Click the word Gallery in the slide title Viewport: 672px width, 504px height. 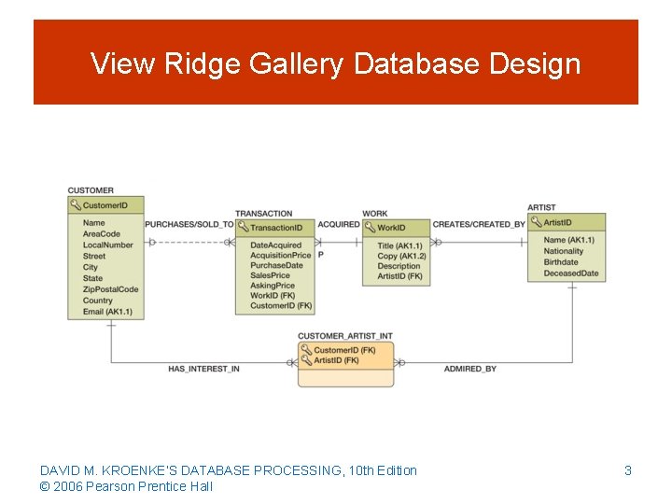[298, 64]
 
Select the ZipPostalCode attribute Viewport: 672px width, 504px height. [110, 289]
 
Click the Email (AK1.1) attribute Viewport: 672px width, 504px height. [107, 312]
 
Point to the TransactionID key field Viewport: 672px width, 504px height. [276, 228]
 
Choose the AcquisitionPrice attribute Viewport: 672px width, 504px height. [281, 256]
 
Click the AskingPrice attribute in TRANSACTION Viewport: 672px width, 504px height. [273, 286]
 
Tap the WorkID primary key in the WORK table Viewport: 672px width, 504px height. [391, 228]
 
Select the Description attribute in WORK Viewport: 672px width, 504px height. [399, 266]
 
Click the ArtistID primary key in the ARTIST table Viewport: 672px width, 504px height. [557, 222]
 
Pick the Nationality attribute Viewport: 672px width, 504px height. [563, 251]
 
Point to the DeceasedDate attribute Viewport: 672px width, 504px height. [571, 273]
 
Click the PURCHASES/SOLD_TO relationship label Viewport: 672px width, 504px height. [189, 225]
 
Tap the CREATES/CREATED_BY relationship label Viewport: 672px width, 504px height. [479, 225]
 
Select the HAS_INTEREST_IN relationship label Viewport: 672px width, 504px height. [203, 369]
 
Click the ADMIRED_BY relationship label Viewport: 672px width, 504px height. [470, 369]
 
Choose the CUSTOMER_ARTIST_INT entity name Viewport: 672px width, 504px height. [344, 335]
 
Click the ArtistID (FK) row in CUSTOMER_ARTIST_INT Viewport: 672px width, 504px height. [336, 360]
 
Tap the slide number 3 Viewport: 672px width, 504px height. [628, 471]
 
